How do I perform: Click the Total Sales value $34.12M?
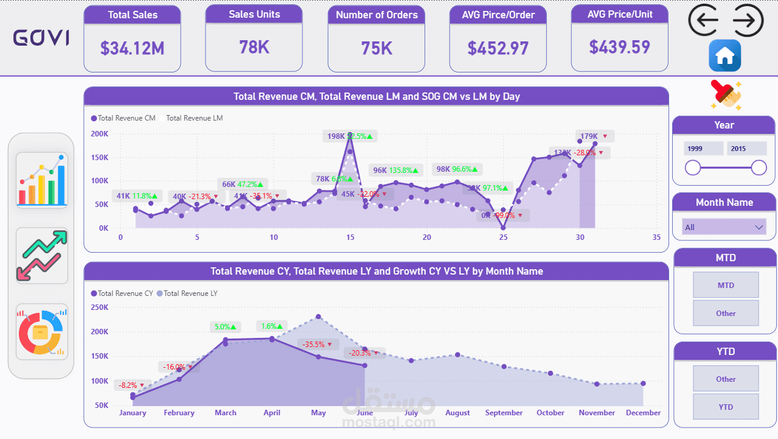coord(132,47)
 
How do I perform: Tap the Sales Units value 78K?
coord(254,47)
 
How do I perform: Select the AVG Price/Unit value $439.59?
coord(619,47)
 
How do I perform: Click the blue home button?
coord(724,56)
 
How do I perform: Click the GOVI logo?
coord(41,38)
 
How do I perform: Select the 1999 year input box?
coord(704,149)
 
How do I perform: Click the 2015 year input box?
coord(746,149)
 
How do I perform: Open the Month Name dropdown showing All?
coord(724,227)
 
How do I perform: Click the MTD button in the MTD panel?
coord(726,285)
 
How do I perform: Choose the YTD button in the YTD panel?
coord(726,407)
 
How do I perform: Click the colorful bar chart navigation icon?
coord(42,180)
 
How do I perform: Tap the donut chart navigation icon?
coord(42,332)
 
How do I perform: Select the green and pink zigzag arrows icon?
coord(42,256)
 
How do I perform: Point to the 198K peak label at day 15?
coord(336,136)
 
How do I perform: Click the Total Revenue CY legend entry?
coord(122,293)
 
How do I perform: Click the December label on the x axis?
coord(643,413)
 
